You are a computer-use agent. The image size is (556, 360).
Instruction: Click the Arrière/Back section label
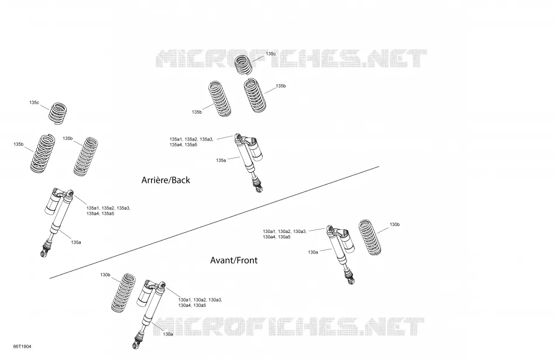point(166,180)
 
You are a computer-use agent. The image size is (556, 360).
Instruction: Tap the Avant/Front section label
point(234,260)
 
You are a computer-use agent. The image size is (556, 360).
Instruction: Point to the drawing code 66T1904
point(22,347)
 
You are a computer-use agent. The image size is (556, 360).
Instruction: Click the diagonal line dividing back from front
point(214,222)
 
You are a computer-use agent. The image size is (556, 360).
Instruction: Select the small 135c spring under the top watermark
point(243,64)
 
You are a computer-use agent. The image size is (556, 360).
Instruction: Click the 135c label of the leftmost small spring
point(34,102)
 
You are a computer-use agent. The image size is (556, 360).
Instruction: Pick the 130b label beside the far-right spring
point(394,225)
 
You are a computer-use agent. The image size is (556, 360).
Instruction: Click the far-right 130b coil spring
point(370,237)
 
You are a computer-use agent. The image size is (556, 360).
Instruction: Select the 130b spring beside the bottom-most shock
point(123,293)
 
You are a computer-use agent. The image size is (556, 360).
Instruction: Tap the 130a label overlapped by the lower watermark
point(168,334)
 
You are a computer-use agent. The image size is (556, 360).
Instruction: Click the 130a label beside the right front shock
point(313,252)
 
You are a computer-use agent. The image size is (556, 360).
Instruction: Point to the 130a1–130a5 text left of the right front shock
point(284,234)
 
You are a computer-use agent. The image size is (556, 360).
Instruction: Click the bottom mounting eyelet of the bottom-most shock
point(135,345)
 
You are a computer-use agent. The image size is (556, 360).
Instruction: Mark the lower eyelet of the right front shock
point(351,281)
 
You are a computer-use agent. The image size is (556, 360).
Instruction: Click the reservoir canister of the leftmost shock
point(53,204)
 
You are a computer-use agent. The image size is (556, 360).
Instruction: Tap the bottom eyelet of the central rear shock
point(259,189)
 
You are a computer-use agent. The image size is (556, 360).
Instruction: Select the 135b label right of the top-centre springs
point(281,86)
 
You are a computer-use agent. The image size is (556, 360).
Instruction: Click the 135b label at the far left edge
point(19,145)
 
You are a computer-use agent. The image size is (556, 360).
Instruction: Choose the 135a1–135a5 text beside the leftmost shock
point(108,211)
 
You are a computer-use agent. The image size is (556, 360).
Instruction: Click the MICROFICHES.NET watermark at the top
point(291,59)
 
